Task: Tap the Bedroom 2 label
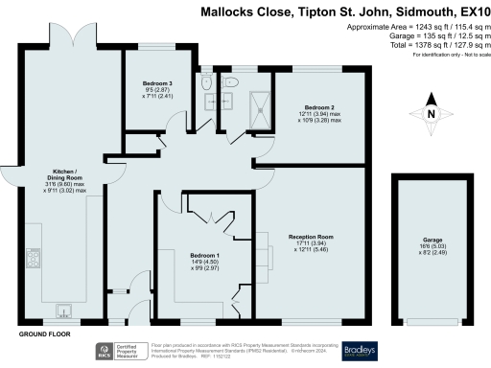[319, 107]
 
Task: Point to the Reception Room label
[312, 236]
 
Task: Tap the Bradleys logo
[357, 350]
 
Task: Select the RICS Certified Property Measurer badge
[119, 351]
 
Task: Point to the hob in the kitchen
[35, 257]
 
